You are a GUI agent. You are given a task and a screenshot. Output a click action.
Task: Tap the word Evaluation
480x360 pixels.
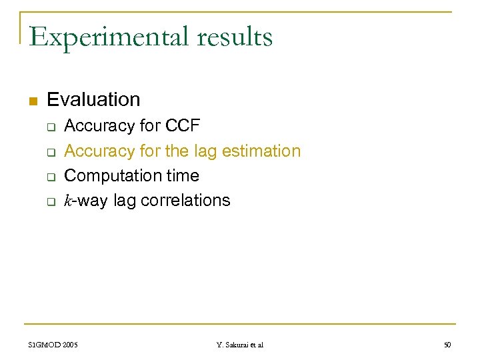(x=93, y=100)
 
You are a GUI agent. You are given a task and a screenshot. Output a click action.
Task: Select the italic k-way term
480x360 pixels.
(x=86, y=201)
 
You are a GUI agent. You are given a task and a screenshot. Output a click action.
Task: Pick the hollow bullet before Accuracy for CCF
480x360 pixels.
(x=49, y=127)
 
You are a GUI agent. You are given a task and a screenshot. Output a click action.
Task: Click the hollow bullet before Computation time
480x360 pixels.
(x=49, y=177)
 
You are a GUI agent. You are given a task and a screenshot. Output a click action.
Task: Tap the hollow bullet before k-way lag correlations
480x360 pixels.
(x=49, y=202)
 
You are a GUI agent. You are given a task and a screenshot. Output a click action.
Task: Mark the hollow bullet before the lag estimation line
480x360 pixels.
(x=49, y=152)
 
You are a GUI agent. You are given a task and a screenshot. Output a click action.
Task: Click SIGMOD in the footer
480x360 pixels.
(x=45, y=345)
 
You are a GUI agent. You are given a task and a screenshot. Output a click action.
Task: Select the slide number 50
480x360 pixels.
(x=447, y=345)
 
